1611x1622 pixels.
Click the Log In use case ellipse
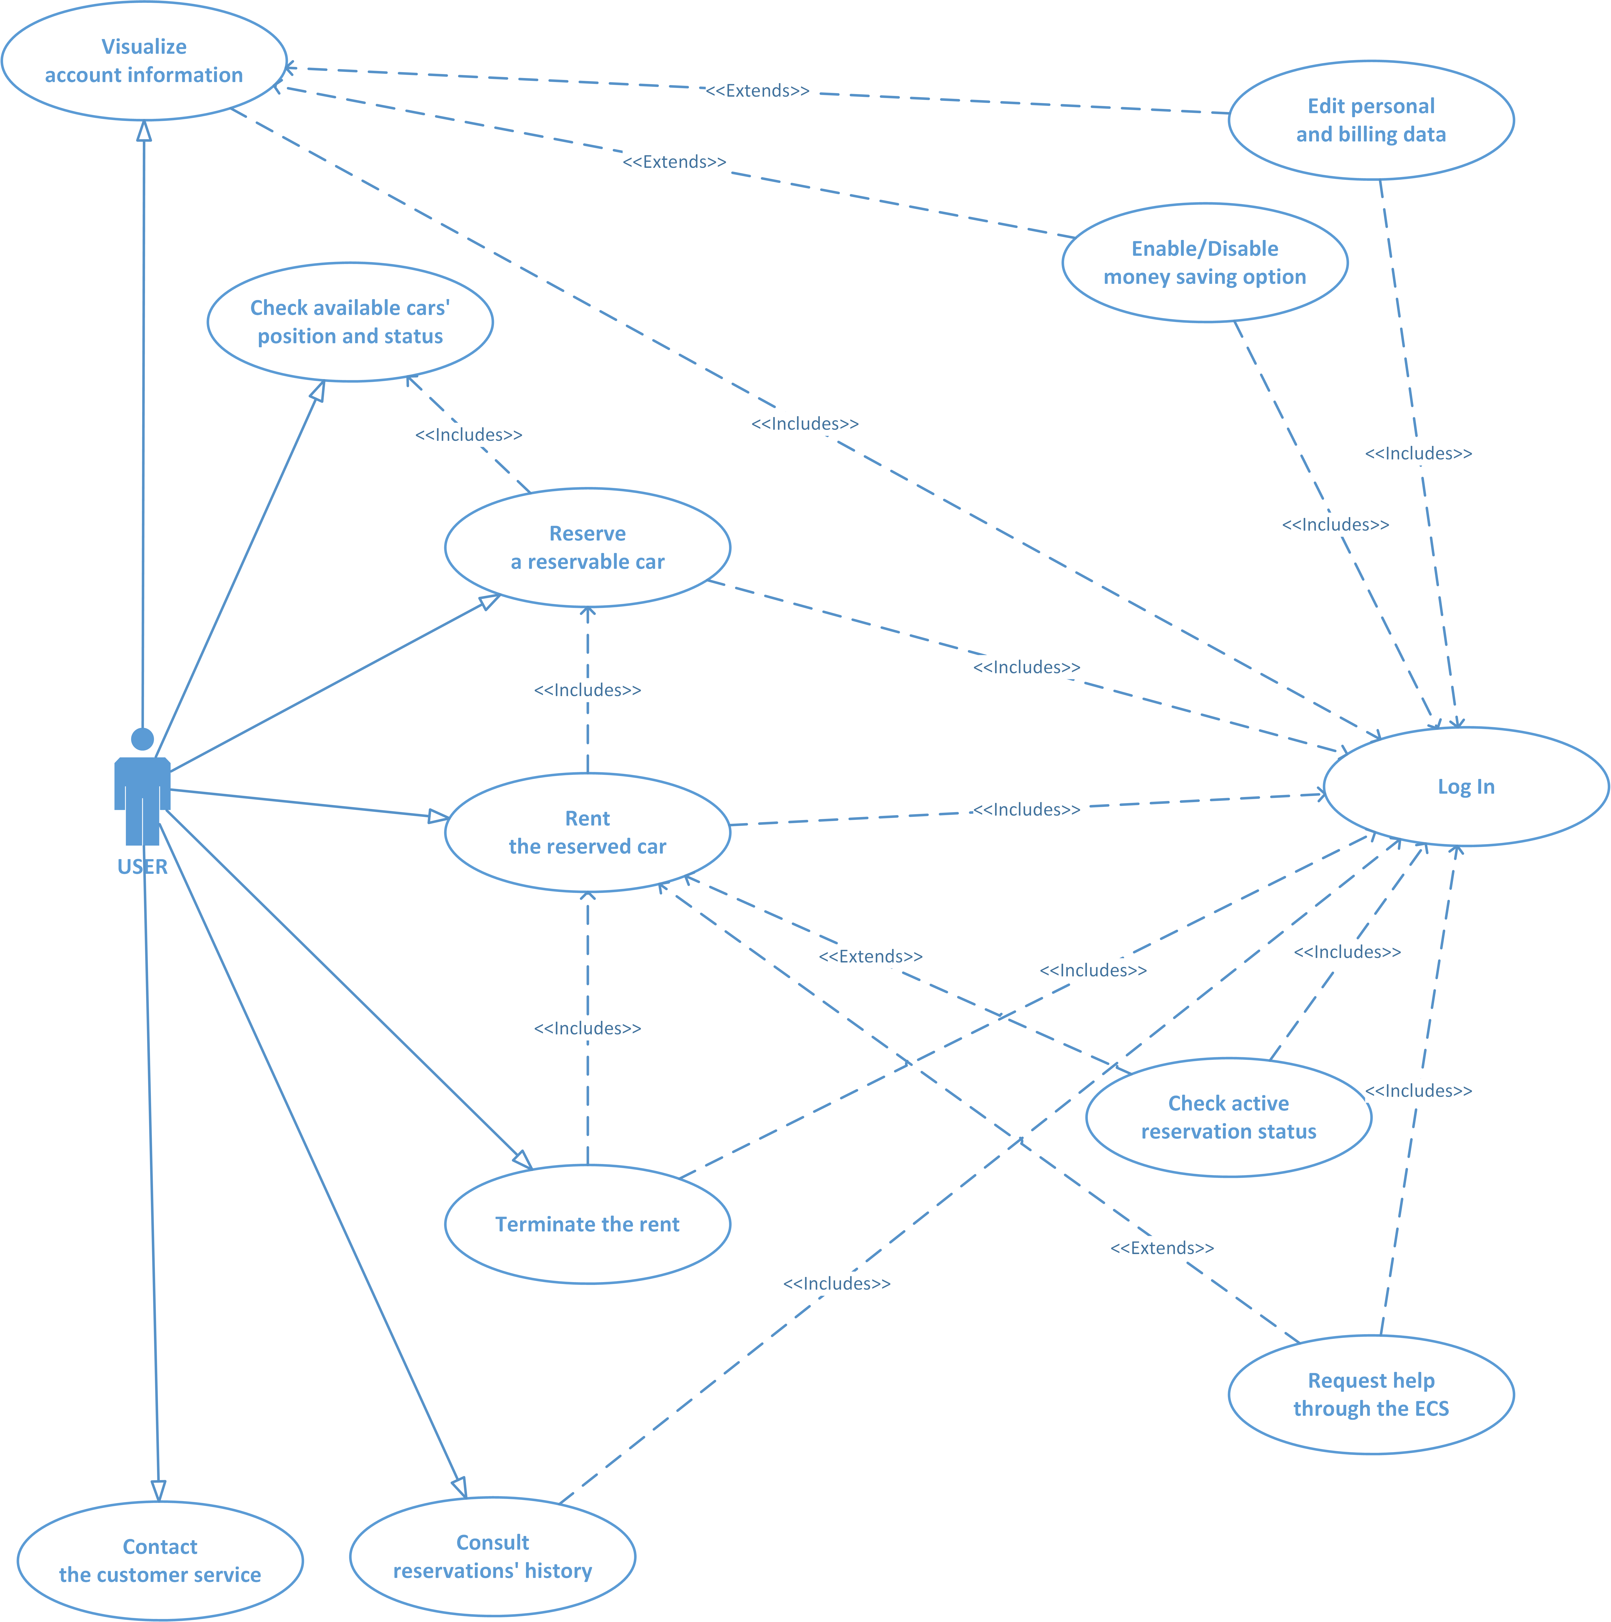coord(1466,787)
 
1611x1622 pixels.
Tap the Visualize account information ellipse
coord(144,60)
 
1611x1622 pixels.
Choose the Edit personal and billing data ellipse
coord(1371,120)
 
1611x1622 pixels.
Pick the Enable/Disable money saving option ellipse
coord(1205,263)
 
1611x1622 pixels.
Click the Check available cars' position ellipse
coord(350,322)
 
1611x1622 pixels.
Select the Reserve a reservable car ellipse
coord(588,547)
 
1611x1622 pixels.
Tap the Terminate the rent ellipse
coord(588,1224)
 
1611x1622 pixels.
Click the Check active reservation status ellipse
coord(1228,1117)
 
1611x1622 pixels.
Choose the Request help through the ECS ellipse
coord(1371,1395)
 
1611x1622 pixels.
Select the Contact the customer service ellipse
coord(160,1561)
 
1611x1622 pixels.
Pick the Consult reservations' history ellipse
coord(493,1556)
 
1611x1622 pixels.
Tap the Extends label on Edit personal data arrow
coord(757,91)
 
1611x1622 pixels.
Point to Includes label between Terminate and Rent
coord(588,1028)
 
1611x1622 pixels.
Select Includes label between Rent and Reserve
coord(588,690)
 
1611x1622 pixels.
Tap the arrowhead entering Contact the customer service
coord(158,1490)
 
